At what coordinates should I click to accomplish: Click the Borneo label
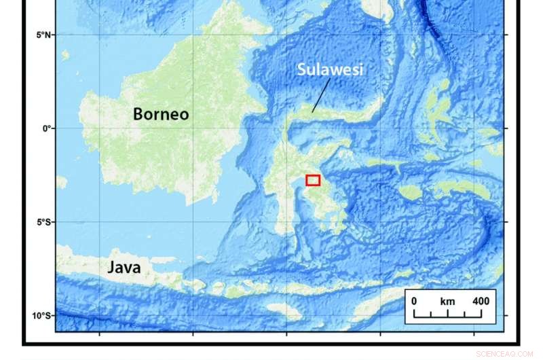tap(160, 113)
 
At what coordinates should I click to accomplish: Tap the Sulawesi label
tap(330, 69)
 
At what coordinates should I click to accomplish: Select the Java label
tap(124, 267)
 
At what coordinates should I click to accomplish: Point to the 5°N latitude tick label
tap(45, 35)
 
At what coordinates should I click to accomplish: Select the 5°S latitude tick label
tap(45, 222)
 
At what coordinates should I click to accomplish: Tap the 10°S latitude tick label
tap(43, 316)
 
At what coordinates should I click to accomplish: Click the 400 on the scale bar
tap(481, 301)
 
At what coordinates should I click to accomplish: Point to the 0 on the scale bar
tap(414, 301)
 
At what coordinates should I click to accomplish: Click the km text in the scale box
tap(447, 301)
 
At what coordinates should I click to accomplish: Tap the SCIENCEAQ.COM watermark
tap(506, 354)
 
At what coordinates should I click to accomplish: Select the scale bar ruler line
tap(448, 316)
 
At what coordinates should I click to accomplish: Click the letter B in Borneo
tap(138, 113)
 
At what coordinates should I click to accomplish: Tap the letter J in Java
tap(111, 267)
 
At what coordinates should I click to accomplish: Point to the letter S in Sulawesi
tap(302, 69)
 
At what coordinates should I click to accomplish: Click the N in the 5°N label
tap(51, 35)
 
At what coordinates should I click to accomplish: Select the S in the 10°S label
tap(51, 316)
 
